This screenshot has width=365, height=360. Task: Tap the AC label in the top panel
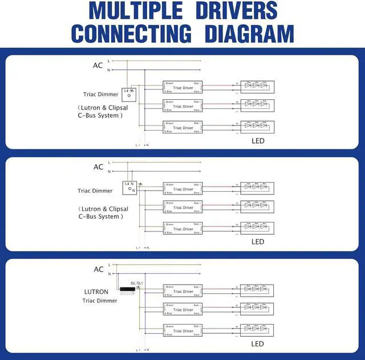click(98, 66)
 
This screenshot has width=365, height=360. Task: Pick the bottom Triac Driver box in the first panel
click(182, 127)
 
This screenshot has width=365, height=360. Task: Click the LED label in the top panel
click(258, 140)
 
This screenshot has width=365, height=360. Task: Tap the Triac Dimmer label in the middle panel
click(95, 191)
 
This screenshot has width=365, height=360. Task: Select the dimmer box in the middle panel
click(130, 187)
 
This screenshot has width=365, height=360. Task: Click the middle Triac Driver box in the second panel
click(182, 207)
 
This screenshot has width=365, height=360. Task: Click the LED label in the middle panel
click(258, 241)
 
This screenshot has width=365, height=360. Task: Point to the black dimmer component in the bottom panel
click(128, 290)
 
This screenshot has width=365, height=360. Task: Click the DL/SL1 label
click(137, 283)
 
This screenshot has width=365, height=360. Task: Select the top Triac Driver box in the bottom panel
click(182, 291)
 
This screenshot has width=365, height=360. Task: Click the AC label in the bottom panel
click(98, 269)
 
